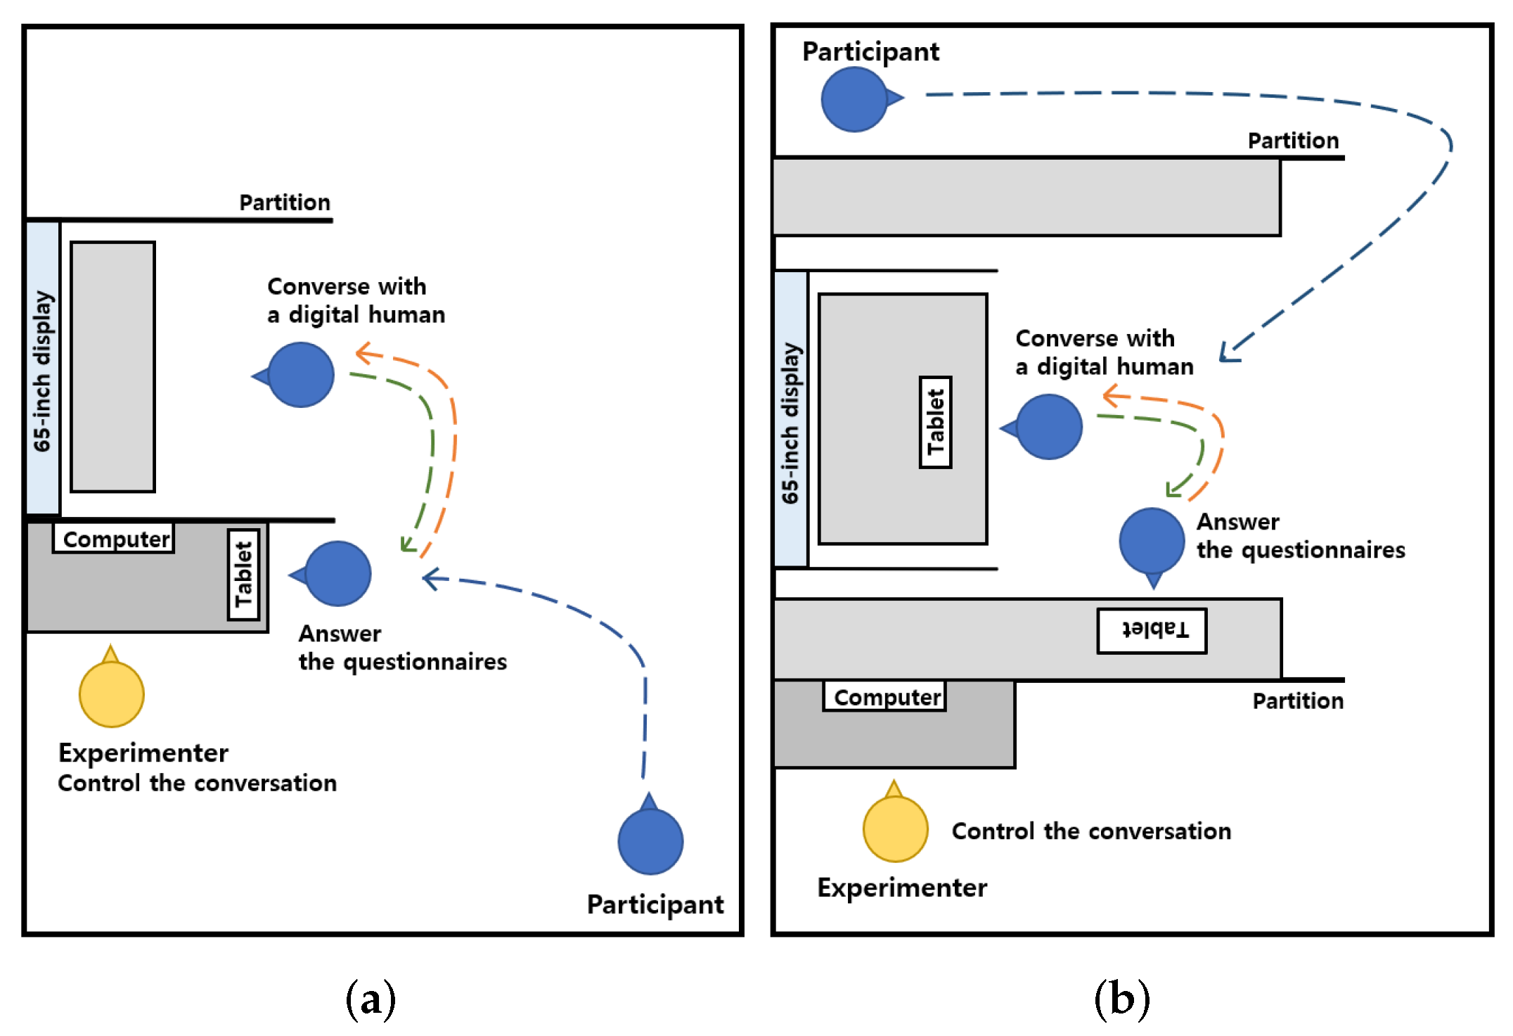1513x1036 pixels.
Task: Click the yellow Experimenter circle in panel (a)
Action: click(x=111, y=693)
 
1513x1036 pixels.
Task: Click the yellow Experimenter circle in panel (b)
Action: click(x=895, y=829)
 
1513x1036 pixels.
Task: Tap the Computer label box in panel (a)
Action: click(x=114, y=539)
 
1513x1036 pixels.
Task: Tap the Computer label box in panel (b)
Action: click(x=884, y=697)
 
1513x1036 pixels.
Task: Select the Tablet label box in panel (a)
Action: click(x=243, y=575)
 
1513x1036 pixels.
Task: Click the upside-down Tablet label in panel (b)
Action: click(x=1152, y=631)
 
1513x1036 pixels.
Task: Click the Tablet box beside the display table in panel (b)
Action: click(x=935, y=422)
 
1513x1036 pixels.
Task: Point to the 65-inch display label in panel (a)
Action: click(x=43, y=371)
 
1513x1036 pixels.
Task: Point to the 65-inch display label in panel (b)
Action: click(x=791, y=422)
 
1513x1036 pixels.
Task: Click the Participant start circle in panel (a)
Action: click(x=650, y=841)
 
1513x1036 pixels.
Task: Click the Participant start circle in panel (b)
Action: click(x=854, y=99)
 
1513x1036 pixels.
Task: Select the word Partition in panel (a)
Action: click(x=285, y=203)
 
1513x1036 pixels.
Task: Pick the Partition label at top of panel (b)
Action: click(x=1293, y=141)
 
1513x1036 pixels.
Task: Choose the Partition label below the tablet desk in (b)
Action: click(x=1298, y=701)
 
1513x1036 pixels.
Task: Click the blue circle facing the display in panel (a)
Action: click(x=300, y=375)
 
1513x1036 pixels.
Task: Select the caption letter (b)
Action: click(x=1121, y=999)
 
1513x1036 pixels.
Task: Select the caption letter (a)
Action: click(x=371, y=999)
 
